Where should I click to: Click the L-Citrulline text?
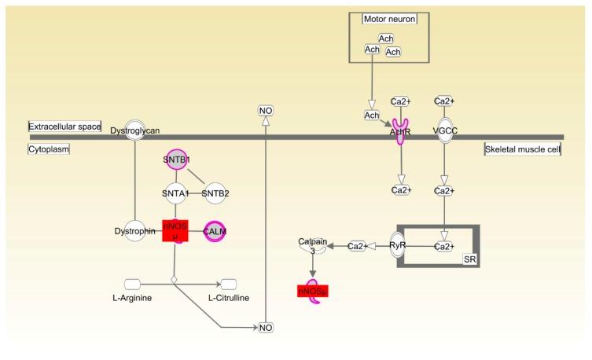(230, 299)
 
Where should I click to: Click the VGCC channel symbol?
(445, 130)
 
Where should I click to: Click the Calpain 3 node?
(311, 246)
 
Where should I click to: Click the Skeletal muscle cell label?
(522, 149)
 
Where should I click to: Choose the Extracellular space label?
(64, 126)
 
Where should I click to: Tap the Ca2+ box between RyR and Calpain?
(358, 246)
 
